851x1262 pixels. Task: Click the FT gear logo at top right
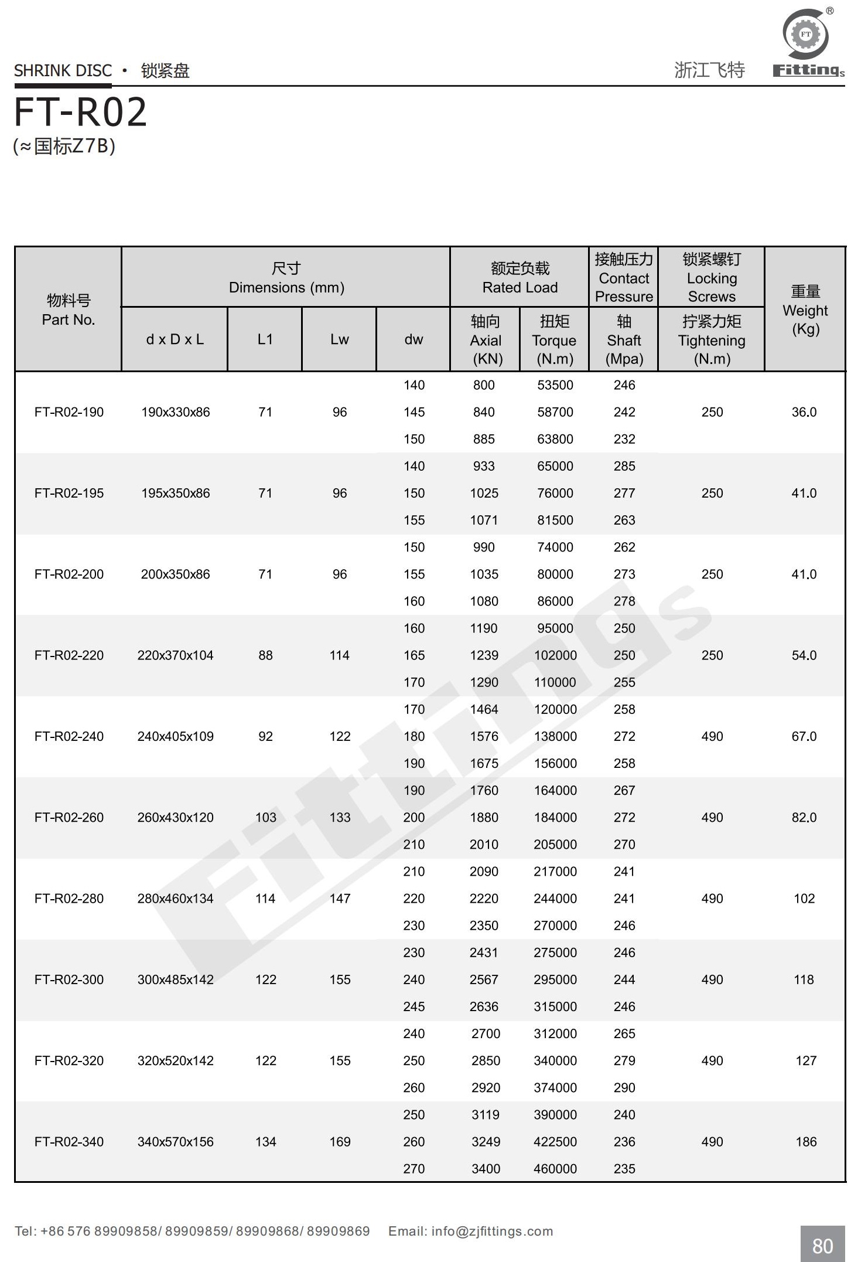point(806,35)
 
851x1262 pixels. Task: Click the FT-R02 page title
point(80,112)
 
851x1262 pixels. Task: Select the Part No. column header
point(68,310)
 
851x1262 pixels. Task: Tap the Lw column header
point(339,339)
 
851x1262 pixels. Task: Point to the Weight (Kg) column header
point(805,310)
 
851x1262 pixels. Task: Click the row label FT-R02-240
point(69,736)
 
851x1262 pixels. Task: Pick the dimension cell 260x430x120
point(175,817)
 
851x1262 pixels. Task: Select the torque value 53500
point(555,385)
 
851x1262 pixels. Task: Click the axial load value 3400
point(486,1168)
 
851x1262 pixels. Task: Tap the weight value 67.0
point(804,736)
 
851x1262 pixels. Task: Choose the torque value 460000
point(555,1168)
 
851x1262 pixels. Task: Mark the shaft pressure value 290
point(624,1087)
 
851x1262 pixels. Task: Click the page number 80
point(822,1246)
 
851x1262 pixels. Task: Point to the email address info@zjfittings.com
point(492,1231)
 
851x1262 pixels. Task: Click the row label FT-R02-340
point(69,1141)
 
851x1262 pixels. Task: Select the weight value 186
point(806,1141)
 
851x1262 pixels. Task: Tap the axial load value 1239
point(484,655)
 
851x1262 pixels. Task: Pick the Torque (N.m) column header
point(554,340)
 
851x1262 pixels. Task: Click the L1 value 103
point(265,817)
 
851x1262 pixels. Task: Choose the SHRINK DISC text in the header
point(63,71)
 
